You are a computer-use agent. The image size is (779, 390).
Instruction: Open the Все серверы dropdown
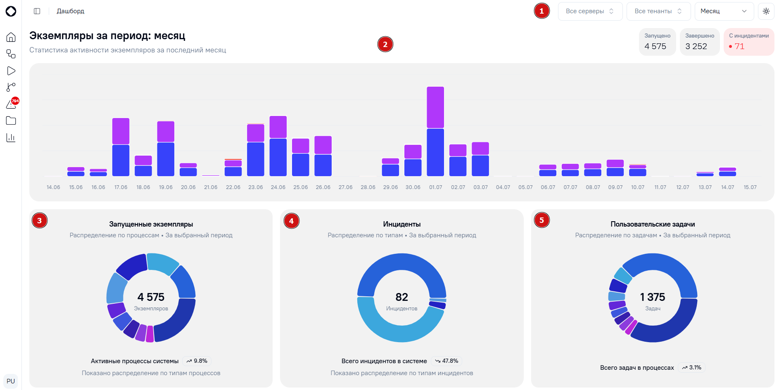click(590, 11)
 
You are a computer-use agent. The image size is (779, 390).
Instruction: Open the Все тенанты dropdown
click(658, 11)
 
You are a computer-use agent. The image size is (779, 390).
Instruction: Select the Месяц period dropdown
click(724, 11)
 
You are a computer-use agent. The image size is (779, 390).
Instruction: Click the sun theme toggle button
click(766, 11)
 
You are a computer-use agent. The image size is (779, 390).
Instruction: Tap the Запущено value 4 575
click(655, 46)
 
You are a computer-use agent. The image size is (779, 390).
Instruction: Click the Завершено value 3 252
click(696, 46)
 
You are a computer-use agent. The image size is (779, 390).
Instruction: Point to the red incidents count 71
click(739, 46)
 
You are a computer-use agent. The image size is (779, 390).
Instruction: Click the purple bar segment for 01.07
click(435, 107)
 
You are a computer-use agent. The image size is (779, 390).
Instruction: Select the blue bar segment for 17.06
click(121, 161)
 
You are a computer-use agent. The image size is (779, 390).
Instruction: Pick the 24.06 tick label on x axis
click(278, 187)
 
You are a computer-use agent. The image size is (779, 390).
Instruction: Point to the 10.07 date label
click(638, 187)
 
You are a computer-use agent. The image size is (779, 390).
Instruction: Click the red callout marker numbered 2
click(385, 45)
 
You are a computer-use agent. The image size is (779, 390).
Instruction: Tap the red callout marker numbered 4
click(292, 221)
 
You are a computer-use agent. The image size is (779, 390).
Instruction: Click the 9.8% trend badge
click(197, 361)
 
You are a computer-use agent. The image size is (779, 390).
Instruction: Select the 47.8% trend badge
click(446, 361)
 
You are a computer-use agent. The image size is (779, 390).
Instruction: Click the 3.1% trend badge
click(692, 368)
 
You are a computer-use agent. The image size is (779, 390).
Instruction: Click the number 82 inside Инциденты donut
click(401, 297)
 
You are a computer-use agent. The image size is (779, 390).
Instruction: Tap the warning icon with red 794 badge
click(12, 104)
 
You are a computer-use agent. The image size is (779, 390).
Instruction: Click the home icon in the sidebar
click(11, 37)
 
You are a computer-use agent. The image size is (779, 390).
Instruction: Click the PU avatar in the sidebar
click(11, 381)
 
